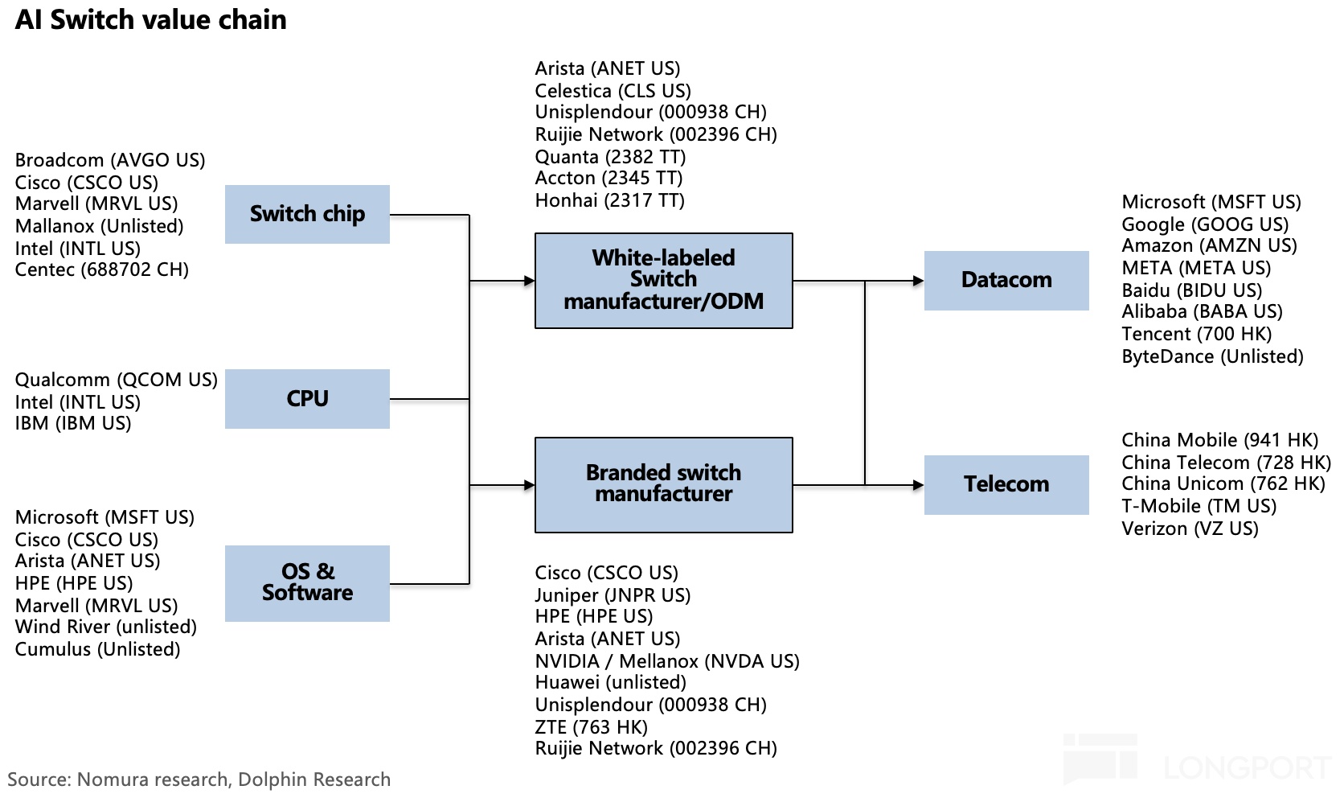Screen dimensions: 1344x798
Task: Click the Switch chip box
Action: click(307, 214)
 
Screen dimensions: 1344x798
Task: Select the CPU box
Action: click(307, 399)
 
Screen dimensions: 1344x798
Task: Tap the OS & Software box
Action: click(307, 583)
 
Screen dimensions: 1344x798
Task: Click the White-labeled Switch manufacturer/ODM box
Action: click(664, 281)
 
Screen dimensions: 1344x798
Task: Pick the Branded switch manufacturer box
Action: click(664, 484)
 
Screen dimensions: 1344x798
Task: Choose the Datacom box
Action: click(1006, 281)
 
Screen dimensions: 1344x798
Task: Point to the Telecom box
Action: click(1006, 484)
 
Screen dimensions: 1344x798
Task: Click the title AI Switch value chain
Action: click(150, 20)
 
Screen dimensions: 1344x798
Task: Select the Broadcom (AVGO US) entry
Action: click(110, 160)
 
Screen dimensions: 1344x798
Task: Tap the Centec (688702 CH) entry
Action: click(102, 269)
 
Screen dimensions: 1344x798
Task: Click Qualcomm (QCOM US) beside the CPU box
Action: click(117, 380)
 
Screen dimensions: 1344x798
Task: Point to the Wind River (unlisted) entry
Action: click(105, 627)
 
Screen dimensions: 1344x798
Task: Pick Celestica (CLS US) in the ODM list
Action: click(613, 91)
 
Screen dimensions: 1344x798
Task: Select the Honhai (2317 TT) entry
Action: click(609, 200)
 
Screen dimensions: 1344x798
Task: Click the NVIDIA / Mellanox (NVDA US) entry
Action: click(667, 661)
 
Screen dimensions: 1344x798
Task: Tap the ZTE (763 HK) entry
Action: click(591, 727)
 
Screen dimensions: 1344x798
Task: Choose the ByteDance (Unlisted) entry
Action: click(1213, 356)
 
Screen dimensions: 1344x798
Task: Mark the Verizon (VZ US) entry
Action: click(1190, 529)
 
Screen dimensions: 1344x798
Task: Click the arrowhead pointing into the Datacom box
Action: click(918, 281)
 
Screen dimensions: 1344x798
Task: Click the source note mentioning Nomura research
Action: click(199, 779)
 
